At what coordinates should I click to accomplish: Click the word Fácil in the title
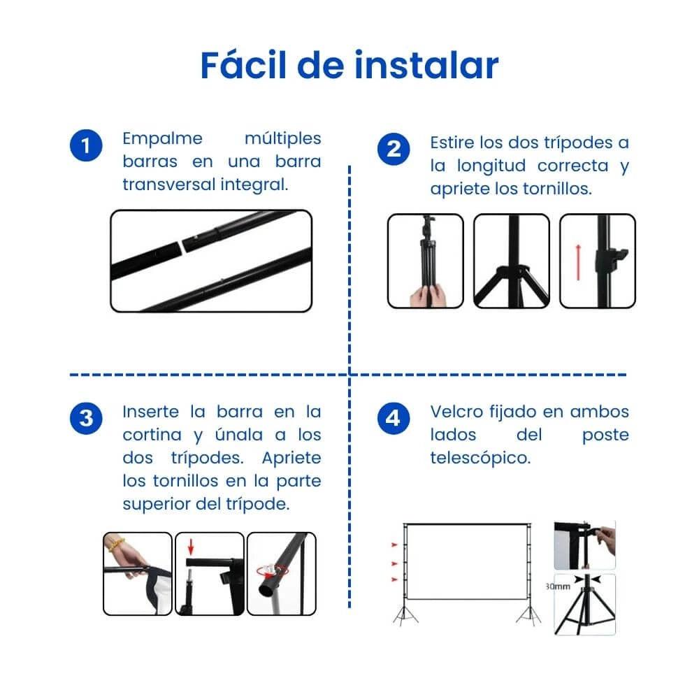pos(243,65)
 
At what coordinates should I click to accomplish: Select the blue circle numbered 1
pos(86,146)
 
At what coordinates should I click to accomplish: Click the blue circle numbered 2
pos(394,150)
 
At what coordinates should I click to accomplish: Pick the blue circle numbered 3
pos(86,418)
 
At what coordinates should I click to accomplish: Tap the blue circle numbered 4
pos(394,418)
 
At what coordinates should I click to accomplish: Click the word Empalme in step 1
pos(163,138)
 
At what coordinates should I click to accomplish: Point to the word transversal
pos(168,184)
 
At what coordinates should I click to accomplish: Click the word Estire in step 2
pos(452,143)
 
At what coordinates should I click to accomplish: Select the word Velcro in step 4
pos(456,412)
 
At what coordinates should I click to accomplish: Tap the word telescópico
pos(481,458)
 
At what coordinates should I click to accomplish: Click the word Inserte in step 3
pos(151,412)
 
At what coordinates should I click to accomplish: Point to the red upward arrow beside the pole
pos(578,263)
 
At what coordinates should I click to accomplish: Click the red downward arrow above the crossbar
pos(191,547)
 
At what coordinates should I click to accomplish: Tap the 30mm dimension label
pos(558,586)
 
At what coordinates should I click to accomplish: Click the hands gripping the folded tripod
pos(427,296)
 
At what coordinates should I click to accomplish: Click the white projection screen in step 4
pos(468,561)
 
